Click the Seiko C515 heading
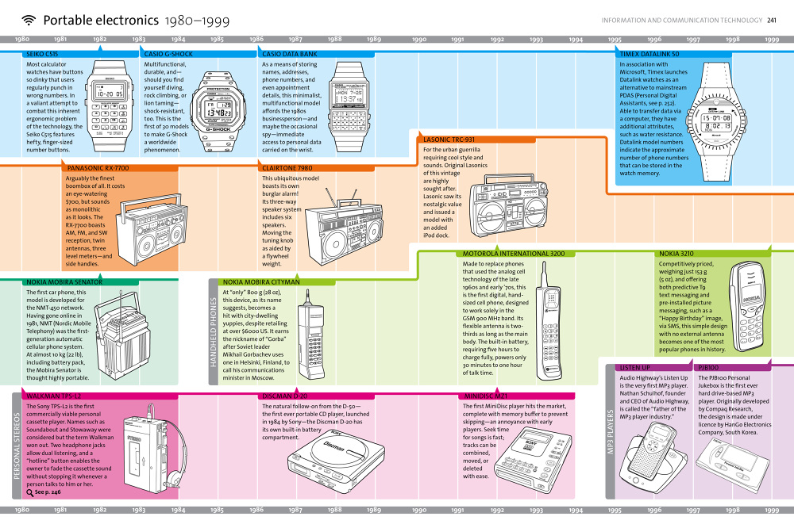click(42, 54)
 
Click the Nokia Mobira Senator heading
click(64, 281)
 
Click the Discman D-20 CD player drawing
click(330, 459)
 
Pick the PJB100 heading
click(711, 368)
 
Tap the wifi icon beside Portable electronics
click(29, 20)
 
